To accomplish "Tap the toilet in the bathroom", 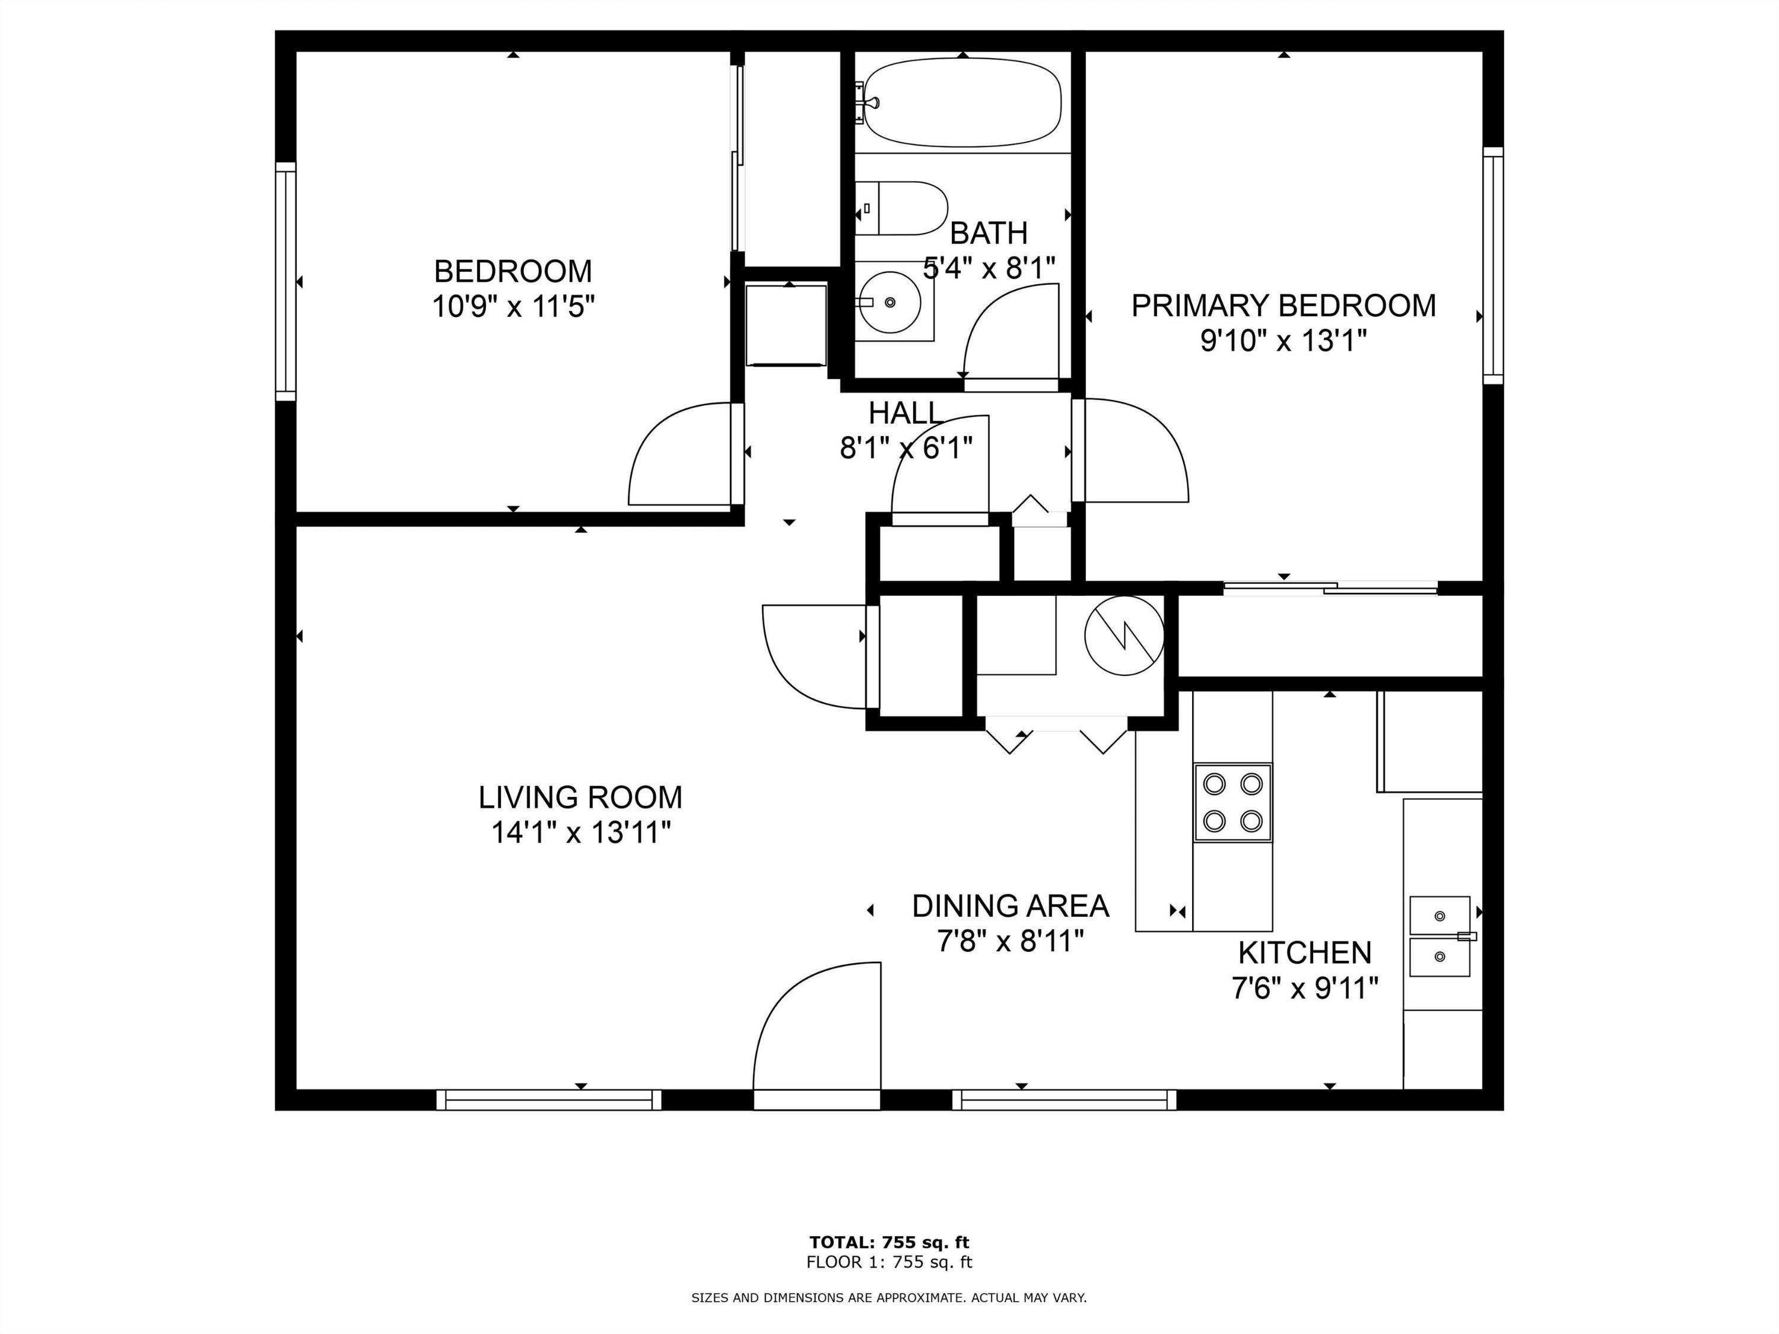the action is [901, 208].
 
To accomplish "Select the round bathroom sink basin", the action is [889, 301].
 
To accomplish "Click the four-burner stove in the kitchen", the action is [1232, 802].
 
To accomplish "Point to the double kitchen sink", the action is [1440, 937].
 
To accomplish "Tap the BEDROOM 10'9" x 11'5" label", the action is [513, 288].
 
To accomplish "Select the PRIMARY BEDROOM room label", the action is [1284, 306].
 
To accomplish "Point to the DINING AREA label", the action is [1010, 906].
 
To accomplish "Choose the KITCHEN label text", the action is [1304, 953].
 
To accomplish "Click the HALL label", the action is [906, 412].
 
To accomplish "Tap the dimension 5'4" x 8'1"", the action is [989, 268].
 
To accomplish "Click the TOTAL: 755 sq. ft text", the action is [889, 1243].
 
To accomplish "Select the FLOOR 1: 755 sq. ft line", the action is [889, 1262].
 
